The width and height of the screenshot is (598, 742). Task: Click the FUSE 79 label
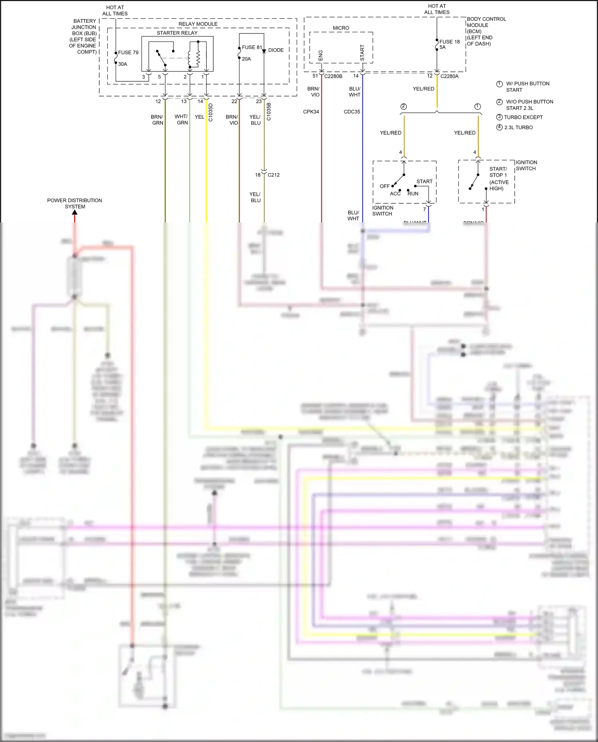click(x=128, y=52)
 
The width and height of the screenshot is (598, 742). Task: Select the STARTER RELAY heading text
click(x=177, y=33)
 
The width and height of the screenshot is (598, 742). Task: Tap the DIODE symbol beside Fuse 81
click(x=264, y=51)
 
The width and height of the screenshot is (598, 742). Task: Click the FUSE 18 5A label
click(x=449, y=44)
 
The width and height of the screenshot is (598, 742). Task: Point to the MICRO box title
click(x=341, y=28)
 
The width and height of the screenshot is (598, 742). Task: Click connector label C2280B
click(x=333, y=76)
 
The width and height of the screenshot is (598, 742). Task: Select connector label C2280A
click(x=449, y=76)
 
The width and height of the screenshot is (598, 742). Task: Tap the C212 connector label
click(x=273, y=175)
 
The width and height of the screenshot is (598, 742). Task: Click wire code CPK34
click(x=311, y=112)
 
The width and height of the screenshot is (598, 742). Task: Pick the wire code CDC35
click(x=352, y=112)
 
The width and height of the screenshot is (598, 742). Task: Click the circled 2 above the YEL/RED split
click(x=403, y=106)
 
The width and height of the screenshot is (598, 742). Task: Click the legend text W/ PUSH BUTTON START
click(x=527, y=87)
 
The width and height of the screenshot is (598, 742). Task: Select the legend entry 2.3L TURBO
click(x=518, y=128)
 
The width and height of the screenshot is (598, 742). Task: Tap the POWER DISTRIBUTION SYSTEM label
click(x=75, y=203)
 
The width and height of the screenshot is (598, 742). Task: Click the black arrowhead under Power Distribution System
click(x=75, y=213)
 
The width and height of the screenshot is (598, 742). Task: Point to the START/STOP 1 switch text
click(x=498, y=172)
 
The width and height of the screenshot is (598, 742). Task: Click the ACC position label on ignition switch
click(x=395, y=194)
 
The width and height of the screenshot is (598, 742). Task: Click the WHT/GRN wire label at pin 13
click(x=182, y=120)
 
